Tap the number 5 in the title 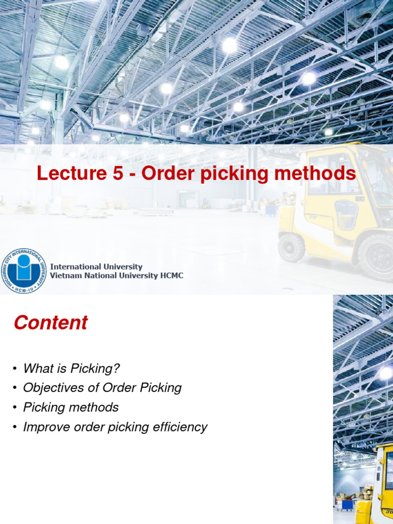[x=116, y=174]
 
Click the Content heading [x=51, y=323]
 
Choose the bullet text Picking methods [x=71, y=407]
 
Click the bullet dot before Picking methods [x=15, y=408]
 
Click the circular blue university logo [x=24, y=271]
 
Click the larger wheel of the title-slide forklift [x=377, y=257]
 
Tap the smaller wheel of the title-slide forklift [x=292, y=247]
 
